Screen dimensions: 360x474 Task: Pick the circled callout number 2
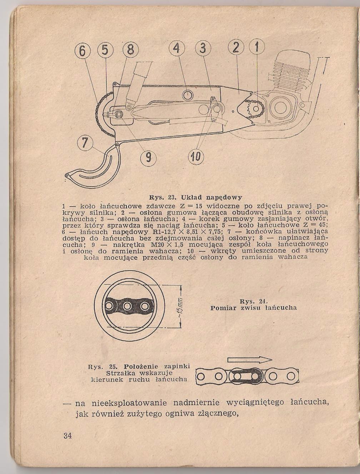[235, 49]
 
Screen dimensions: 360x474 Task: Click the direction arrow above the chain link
[249, 359]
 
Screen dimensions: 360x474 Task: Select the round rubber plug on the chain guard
[187, 95]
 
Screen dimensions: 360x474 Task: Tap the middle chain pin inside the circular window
[128, 306]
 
